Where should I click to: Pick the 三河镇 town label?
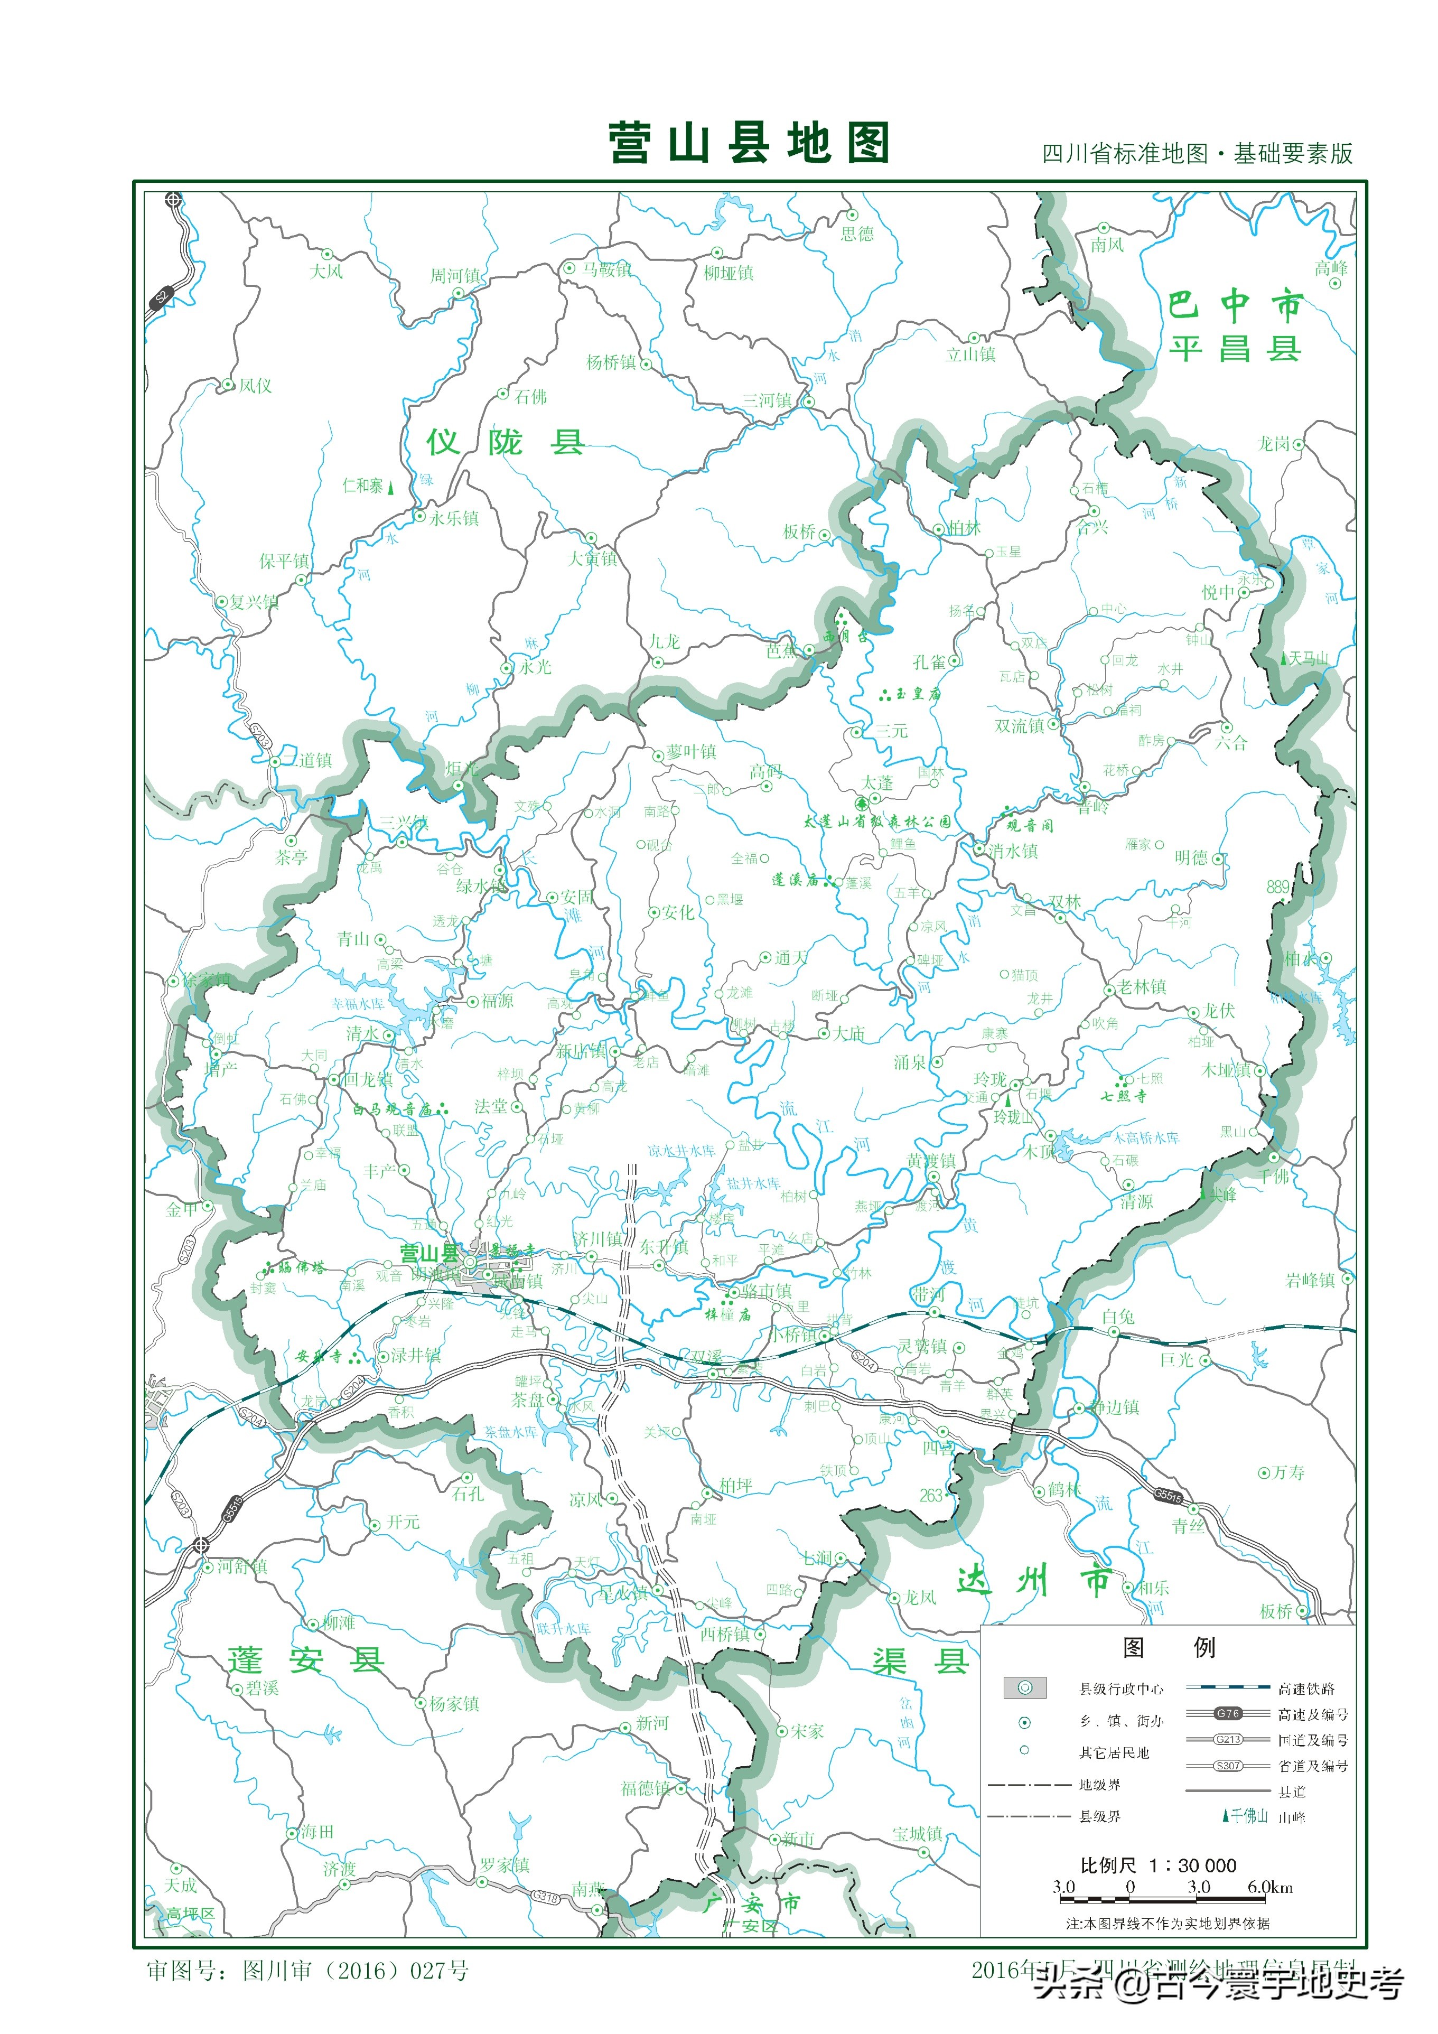click(x=767, y=400)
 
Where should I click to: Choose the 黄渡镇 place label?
click(x=931, y=1161)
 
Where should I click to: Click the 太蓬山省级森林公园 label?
click(x=877, y=821)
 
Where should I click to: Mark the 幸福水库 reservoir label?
click(x=358, y=1004)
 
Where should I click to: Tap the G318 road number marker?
click(x=544, y=1898)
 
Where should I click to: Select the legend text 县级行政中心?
click(x=1121, y=1688)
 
